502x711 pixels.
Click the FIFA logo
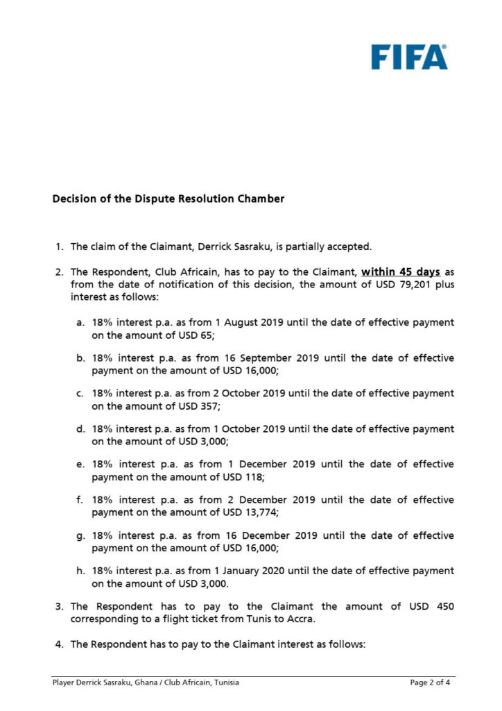(x=408, y=57)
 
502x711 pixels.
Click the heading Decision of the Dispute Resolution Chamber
(x=168, y=199)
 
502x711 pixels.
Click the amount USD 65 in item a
(x=195, y=335)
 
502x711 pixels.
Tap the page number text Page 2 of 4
(x=430, y=683)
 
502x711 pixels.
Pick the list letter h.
(x=80, y=571)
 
